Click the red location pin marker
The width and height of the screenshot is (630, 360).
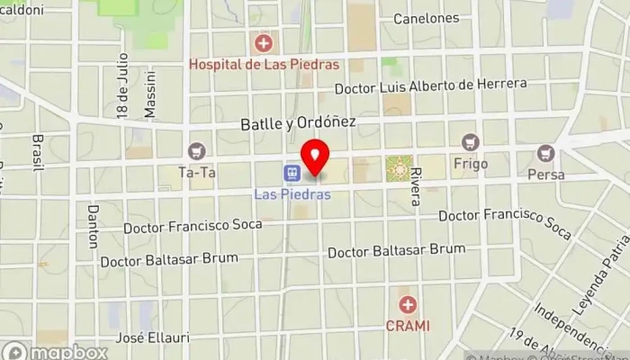315,158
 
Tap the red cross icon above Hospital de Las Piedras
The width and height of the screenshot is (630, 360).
263,42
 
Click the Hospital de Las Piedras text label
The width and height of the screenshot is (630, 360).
263,64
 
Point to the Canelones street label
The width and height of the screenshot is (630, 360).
426,18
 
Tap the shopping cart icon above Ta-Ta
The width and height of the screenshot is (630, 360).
196,152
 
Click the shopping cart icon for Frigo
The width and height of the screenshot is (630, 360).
468,142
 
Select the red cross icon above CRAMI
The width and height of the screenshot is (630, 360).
408,305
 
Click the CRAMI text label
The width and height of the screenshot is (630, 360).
408,325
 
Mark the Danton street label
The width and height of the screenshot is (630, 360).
93,226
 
